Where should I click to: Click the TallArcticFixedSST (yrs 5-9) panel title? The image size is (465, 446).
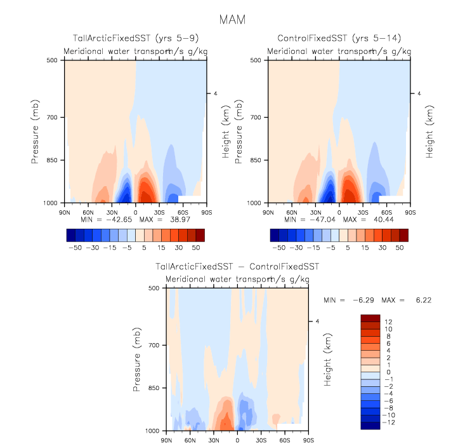pos(134,39)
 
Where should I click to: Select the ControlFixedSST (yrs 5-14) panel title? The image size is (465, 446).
pos(339,39)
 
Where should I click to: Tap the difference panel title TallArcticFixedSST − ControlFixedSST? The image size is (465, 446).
pos(237,267)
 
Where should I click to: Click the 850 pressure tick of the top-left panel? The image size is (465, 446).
pos(54,160)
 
